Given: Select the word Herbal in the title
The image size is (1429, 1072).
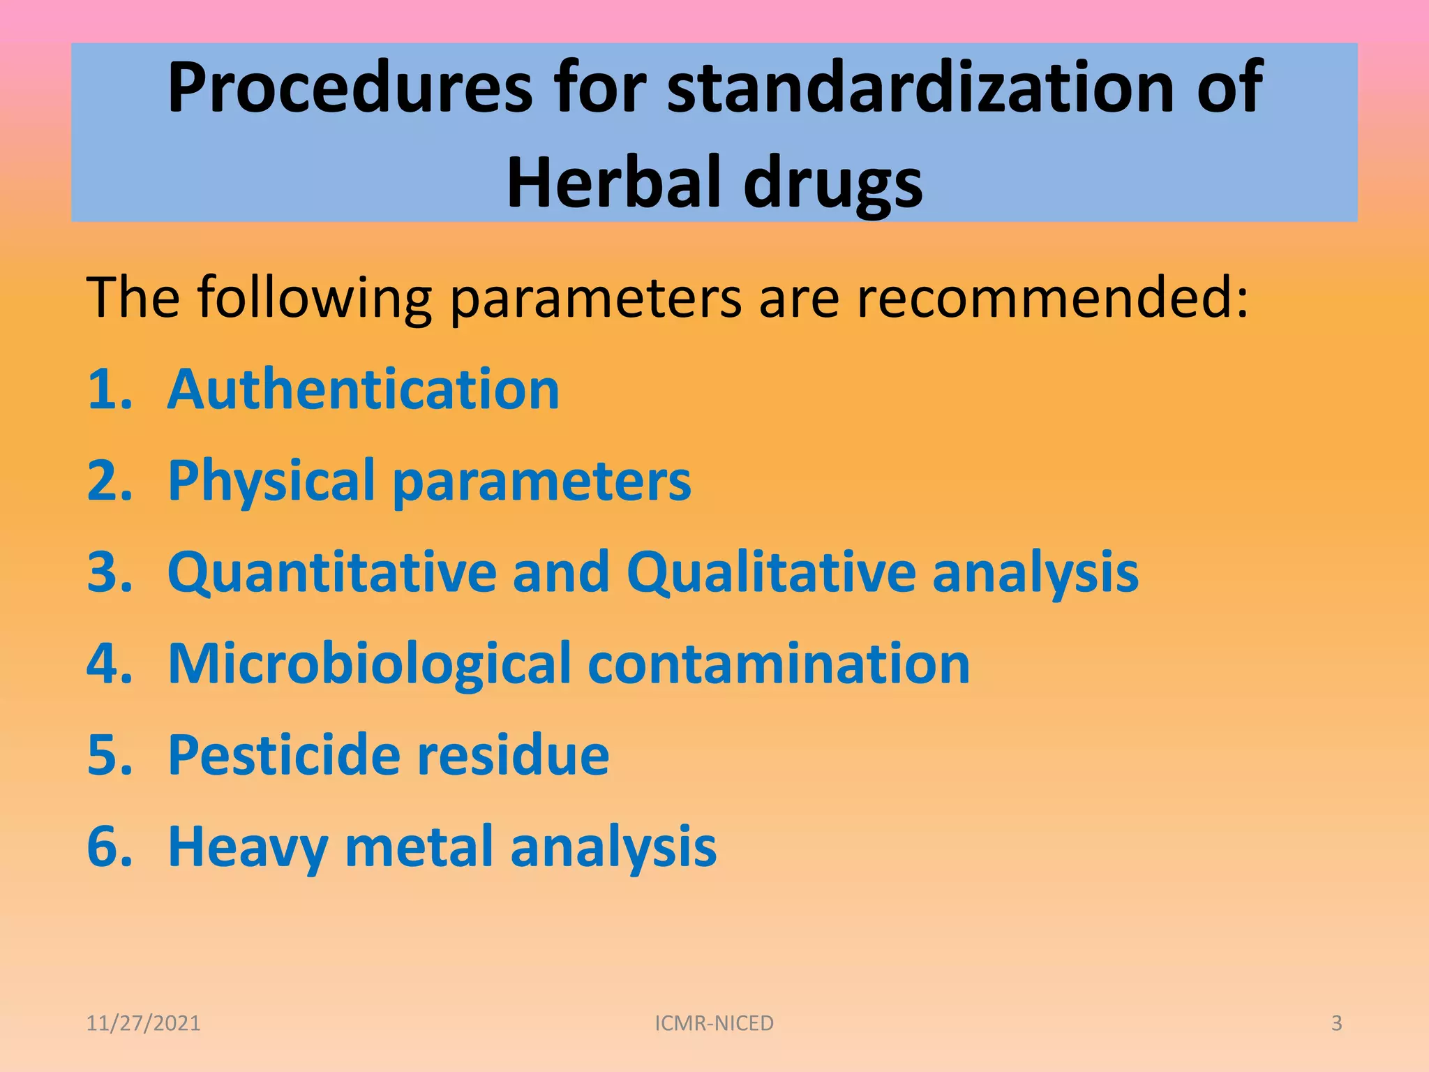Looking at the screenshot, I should point(615,183).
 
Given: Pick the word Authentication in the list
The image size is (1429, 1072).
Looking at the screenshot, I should point(364,389).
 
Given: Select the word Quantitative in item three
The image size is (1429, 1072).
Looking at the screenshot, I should point(332,572).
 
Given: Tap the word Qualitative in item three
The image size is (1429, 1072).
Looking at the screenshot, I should point(771,572).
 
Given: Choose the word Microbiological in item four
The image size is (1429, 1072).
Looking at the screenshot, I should point(370,664).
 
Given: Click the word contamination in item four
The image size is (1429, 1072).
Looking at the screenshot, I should point(779,664).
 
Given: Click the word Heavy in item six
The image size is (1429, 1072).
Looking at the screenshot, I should point(248,847).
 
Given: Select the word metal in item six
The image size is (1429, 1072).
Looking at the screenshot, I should point(419,847).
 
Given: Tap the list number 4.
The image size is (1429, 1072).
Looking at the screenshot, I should point(108,664).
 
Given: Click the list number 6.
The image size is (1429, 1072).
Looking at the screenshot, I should point(108,847).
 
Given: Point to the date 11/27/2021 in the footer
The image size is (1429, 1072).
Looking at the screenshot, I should point(143,1023).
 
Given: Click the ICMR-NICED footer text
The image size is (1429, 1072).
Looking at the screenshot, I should point(714,1023).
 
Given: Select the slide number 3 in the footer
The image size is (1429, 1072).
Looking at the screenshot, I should point(1336,1023).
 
